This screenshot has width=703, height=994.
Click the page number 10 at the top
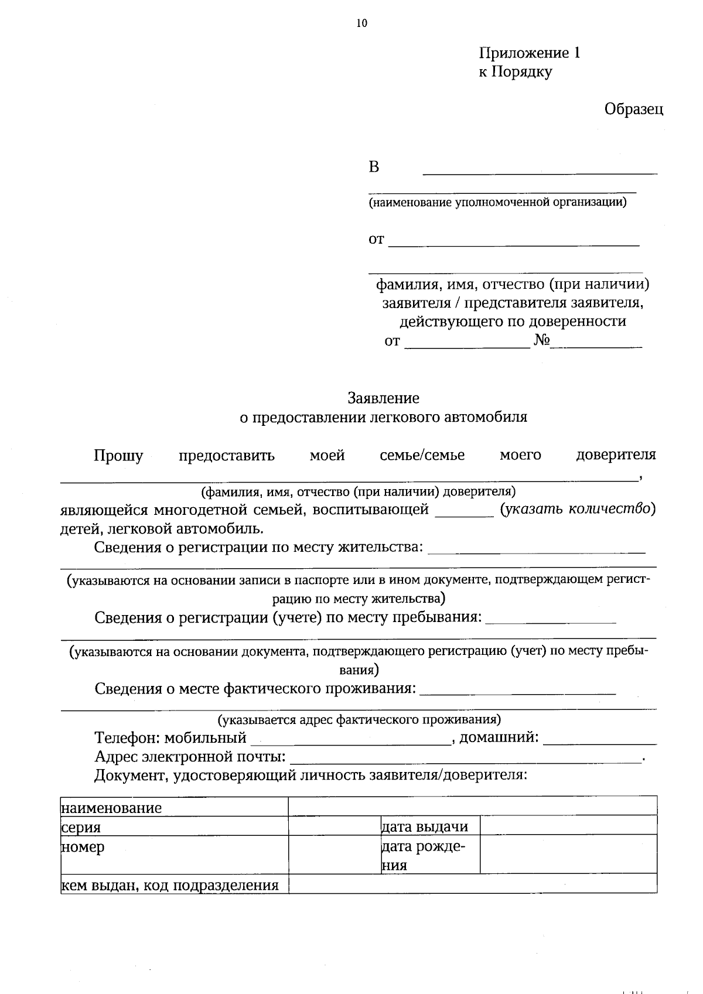361,24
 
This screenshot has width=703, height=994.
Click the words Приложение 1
530,53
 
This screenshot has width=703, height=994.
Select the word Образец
634,109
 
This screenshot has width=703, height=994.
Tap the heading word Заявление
384,398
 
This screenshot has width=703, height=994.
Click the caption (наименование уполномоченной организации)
497,203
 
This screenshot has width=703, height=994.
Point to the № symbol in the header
541,341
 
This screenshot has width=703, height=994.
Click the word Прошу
118,455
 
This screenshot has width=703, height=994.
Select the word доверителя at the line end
616,455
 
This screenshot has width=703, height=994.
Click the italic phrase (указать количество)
577,509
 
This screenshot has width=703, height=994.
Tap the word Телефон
127,737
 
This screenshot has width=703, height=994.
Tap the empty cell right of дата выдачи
568,825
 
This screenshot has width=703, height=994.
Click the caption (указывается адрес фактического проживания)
359,719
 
